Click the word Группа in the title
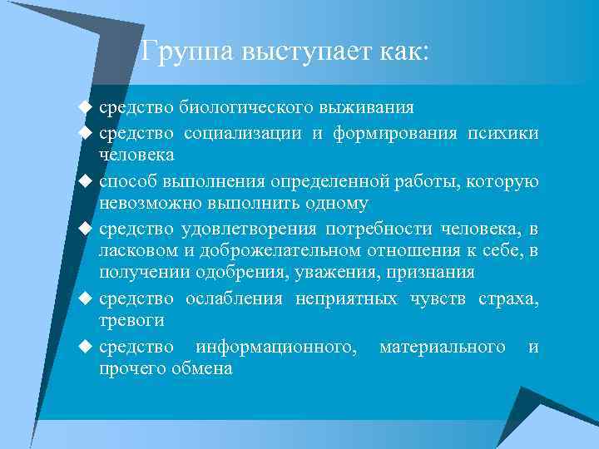188,52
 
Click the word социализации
241,133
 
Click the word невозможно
146,202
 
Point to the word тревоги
131,320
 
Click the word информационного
276,346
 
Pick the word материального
442,346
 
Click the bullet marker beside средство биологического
83,108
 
